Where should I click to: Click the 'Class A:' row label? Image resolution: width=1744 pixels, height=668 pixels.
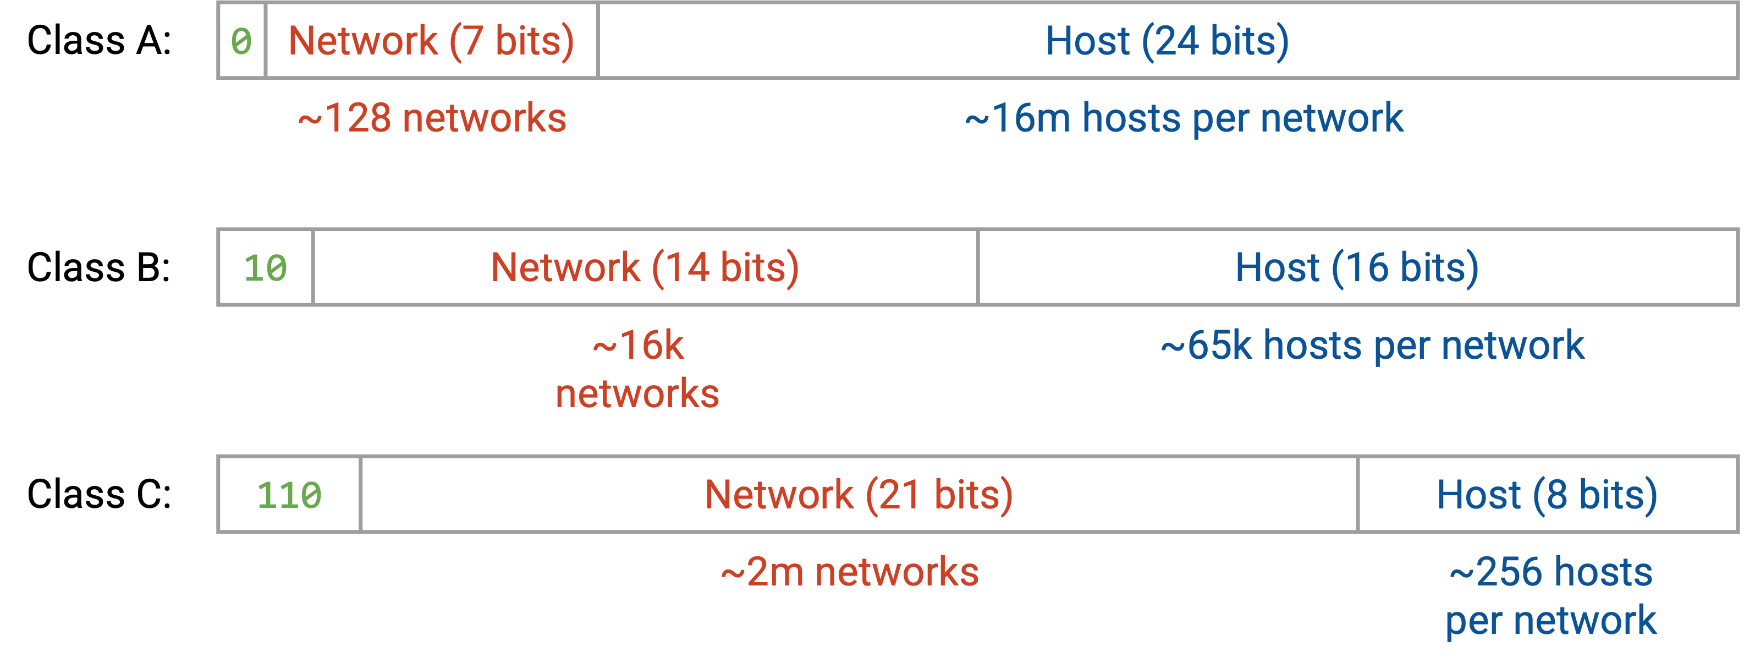coord(99,40)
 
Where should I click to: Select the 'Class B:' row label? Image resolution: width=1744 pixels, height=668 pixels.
coord(99,267)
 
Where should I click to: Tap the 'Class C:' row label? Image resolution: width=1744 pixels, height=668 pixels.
coord(99,494)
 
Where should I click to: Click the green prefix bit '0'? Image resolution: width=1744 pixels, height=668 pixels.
coord(241,41)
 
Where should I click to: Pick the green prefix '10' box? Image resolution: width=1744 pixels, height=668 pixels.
coord(266,267)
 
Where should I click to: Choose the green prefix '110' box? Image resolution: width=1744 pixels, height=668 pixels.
coord(290,495)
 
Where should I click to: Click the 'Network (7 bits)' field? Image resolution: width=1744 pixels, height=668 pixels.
coord(432,41)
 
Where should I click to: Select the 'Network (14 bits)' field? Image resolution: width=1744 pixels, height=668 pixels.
coord(646,267)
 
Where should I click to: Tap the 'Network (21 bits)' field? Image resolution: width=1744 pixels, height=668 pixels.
coord(859,495)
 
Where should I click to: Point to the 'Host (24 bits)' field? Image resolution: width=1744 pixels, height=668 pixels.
coord(1168,41)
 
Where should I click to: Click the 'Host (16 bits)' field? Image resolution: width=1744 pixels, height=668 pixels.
coord(1357,267)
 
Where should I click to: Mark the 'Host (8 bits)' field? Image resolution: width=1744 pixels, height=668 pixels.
coord(1548,495)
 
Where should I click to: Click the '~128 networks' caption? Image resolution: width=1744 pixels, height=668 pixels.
coord(432,118)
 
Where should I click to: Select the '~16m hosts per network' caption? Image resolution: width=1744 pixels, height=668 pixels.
coord(1184,118)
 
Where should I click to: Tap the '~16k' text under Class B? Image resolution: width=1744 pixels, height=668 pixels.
coord(638,346)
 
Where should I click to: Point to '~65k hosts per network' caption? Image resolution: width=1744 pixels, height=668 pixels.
coord(1372,346)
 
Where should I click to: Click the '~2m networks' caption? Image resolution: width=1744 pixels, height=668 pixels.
coord(850,572)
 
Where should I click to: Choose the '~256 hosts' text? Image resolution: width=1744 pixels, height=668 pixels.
coord(1551,572)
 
